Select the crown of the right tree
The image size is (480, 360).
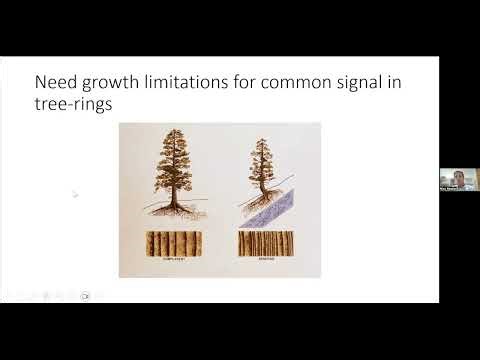pos(266,166)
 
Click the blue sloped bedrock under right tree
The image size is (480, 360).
pos(274,214)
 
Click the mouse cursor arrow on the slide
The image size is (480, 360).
pos(75,194)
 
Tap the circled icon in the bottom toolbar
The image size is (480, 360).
pos(86,295)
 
